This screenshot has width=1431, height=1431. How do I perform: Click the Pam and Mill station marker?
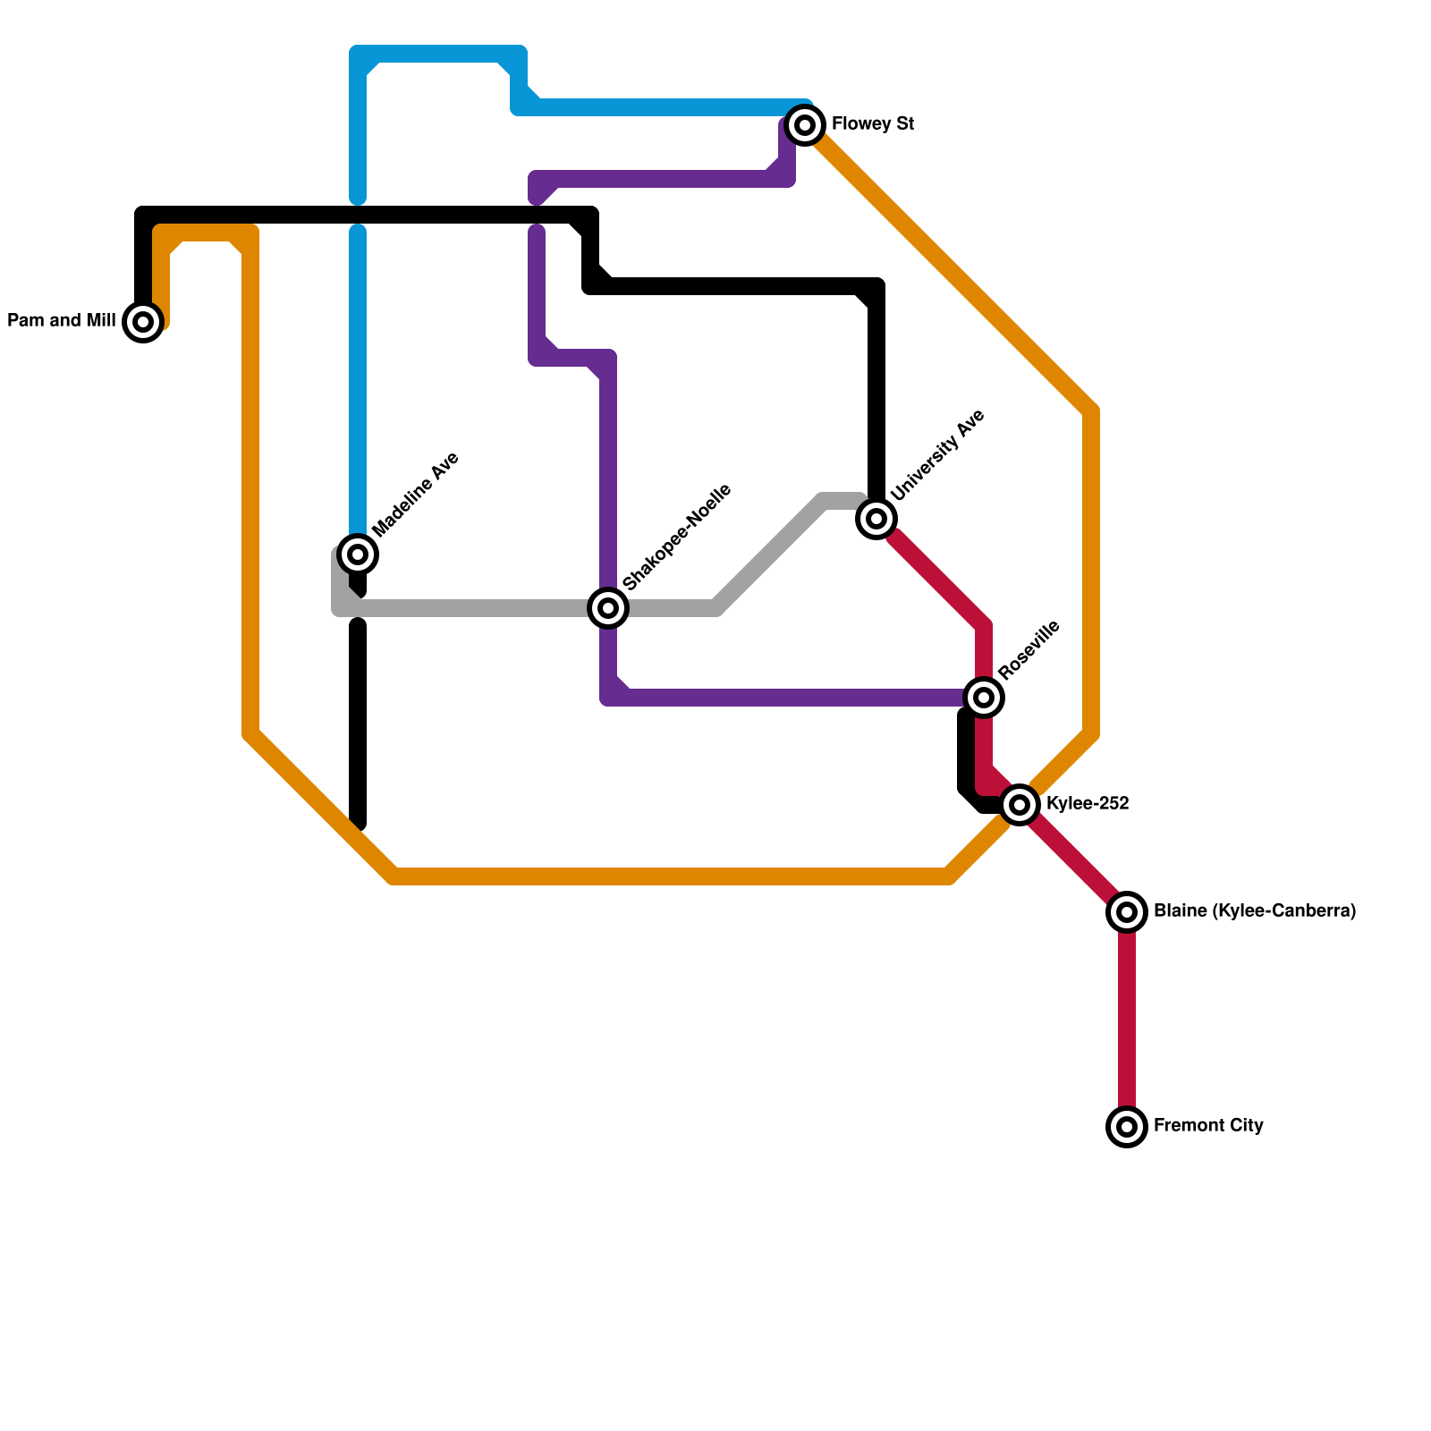pos(143,322)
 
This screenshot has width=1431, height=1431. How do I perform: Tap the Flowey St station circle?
pos(805,125)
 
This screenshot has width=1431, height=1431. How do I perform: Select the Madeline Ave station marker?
pos(358,555)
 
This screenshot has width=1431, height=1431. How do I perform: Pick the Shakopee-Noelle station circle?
pos(608,608)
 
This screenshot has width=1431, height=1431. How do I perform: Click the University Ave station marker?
pos(876,519)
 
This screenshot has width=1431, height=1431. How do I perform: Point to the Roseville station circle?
pos(984,698)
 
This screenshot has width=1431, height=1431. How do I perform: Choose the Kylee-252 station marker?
pos(1020,805)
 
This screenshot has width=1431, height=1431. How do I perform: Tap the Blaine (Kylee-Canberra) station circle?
pos(1127,912)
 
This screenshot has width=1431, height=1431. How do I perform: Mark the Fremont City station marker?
pos(1127,1127)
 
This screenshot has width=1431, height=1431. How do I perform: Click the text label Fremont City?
pos(1208,1126)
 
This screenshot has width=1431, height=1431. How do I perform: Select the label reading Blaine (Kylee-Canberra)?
pos(1255,911)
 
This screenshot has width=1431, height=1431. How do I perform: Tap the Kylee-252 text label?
pos(1088,804)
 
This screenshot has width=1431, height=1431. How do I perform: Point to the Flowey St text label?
pos(873,124)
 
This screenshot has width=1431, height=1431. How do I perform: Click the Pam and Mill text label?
pos(62,321)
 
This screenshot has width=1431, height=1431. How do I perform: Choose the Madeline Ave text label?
pos(415,495)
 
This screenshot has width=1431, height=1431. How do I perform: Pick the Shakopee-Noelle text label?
pos(677,537)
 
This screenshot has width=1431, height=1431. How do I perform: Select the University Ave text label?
pos(937,454)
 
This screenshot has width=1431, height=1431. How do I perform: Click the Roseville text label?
pos(1029,648)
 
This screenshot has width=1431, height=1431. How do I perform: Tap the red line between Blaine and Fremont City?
pos(1127,1020)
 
